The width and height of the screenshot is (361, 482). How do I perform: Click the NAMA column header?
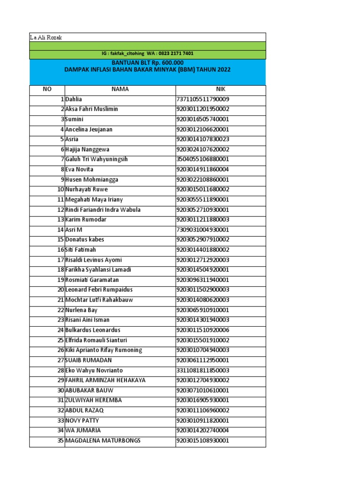(120, 89)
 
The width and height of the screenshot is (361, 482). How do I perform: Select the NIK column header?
(220, 89)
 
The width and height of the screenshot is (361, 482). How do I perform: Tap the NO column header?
(47, 89)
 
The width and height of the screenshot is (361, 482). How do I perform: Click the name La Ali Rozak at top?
(46, 37)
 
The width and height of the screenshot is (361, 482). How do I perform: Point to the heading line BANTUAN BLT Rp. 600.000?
(147, 63)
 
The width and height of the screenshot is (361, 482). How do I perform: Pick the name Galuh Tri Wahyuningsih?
(96, 160)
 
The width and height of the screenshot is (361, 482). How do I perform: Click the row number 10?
(61, 190)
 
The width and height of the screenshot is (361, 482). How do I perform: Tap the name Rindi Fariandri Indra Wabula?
(103, 210)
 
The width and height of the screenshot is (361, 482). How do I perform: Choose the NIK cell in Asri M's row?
(203, 230)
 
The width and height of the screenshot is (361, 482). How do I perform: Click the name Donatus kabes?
(85, 240)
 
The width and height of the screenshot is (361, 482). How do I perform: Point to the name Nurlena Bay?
(81, 310)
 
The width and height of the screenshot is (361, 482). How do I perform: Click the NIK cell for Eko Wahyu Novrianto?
(203, 370)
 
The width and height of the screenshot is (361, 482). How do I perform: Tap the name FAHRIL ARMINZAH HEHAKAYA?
(105, 380)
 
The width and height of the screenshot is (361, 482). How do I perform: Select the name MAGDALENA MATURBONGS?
(102, 441)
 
